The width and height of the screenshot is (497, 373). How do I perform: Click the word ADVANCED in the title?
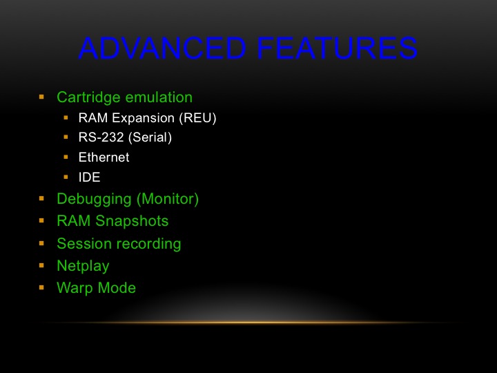coord(162,48)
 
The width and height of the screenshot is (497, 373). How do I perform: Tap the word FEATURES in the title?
coord(337,48)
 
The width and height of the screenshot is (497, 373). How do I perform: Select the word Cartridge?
coord(93,97)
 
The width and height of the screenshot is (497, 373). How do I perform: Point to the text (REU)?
coord(197,118)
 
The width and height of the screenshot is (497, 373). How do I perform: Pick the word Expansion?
coord(144,118)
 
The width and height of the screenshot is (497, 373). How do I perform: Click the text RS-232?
coord(101,137)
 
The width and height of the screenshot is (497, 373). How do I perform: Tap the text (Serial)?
coord(150,137)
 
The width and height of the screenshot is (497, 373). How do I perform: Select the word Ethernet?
coord(104,157)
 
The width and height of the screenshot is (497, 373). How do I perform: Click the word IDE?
coord(89,178)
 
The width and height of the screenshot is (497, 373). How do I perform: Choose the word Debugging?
coord(94,200)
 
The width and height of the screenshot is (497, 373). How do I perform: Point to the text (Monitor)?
coord(168,199)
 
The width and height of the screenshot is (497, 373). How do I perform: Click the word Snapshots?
coord(132,221)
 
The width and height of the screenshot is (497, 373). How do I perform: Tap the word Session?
coord(84,244)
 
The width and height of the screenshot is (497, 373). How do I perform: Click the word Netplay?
coord(83,266)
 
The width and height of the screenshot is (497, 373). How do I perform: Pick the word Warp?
coord(75,288)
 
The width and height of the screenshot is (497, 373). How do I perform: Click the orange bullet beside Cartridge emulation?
coord(41,97)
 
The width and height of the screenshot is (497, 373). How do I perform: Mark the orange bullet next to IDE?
coord(66,177)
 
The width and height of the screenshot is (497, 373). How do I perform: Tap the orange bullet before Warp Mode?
coord(41,287)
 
